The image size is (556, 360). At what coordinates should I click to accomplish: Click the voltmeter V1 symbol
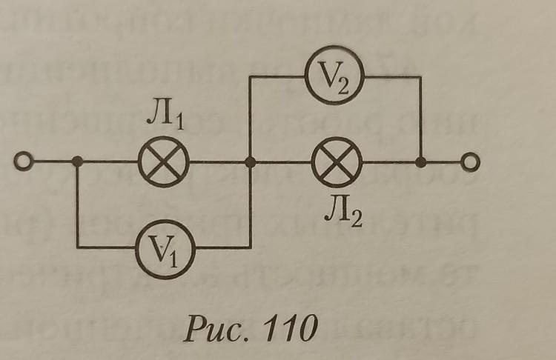coord(165,250)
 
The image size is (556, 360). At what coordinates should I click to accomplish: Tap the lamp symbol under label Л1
coord(164,161)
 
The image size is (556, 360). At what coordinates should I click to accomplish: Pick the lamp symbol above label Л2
coord(337,162)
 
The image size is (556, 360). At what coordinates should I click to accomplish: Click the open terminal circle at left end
coord(24,161)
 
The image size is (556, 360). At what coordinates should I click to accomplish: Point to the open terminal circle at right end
coord(471,162)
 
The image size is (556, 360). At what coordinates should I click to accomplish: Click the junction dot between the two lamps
coord(251,162)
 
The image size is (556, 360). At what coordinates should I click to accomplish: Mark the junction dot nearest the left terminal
coord(77,161)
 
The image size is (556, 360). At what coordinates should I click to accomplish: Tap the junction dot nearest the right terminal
coord(421,162)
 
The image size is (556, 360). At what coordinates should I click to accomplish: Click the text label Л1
coord(165,118)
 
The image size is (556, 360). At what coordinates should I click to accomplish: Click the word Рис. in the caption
coord(219,328)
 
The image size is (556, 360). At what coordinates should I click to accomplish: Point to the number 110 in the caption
coord(290,327)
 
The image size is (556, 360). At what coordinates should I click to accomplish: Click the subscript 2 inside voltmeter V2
coord(343,85)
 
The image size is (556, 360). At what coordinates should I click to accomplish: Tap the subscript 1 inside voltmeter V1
coord(173,259)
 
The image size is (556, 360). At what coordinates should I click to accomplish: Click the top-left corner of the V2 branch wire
coord(250,76)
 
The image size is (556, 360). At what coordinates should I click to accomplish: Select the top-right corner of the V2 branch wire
coord(421,76)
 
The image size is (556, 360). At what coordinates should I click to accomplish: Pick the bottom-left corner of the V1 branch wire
coord(77,247)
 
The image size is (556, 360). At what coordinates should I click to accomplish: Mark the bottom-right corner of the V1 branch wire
coord(251,247)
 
